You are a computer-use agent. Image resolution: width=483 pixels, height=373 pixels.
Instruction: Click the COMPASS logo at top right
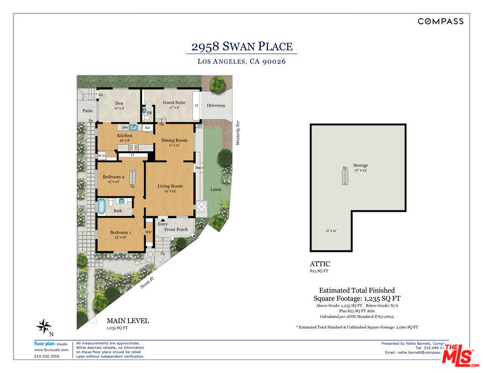(x=441, y=21)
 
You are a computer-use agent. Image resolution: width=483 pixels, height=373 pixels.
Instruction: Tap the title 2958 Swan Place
(x=241, y=47)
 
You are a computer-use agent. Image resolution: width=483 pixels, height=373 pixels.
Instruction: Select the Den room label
(x=119, y=103)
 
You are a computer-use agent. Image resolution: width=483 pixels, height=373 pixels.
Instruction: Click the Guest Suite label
(x=174, y=103)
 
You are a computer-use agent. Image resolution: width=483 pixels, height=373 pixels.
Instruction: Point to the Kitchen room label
(x=124, y=136)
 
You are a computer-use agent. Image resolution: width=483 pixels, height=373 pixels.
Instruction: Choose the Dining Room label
(x=174, y=140)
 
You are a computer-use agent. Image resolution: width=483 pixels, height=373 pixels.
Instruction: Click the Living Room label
(x=170, y=186)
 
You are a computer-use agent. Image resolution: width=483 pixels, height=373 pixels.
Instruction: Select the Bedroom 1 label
(x=120, y=233)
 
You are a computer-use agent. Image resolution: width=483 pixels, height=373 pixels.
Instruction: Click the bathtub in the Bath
(x=102, y=206)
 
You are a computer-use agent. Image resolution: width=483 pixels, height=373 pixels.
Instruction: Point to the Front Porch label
(x=176, y=229)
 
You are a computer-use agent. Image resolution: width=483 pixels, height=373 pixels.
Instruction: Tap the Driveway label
(x=216, y=106)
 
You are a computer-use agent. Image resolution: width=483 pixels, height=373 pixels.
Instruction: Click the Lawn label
(x=216, y=189)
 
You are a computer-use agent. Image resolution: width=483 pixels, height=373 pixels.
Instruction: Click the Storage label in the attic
(x=361, y=165)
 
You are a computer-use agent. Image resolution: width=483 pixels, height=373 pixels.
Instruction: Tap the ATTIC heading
(x=320, y=264)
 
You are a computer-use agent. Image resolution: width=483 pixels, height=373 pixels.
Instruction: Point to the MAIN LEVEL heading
(x=127, y=321)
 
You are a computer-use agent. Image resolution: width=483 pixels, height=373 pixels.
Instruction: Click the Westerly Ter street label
(x=238, y=132)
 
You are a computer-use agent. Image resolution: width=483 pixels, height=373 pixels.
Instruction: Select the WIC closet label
(x=148, y=233)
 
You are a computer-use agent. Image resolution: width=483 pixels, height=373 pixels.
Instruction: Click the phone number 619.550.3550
(x=47, y=356)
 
